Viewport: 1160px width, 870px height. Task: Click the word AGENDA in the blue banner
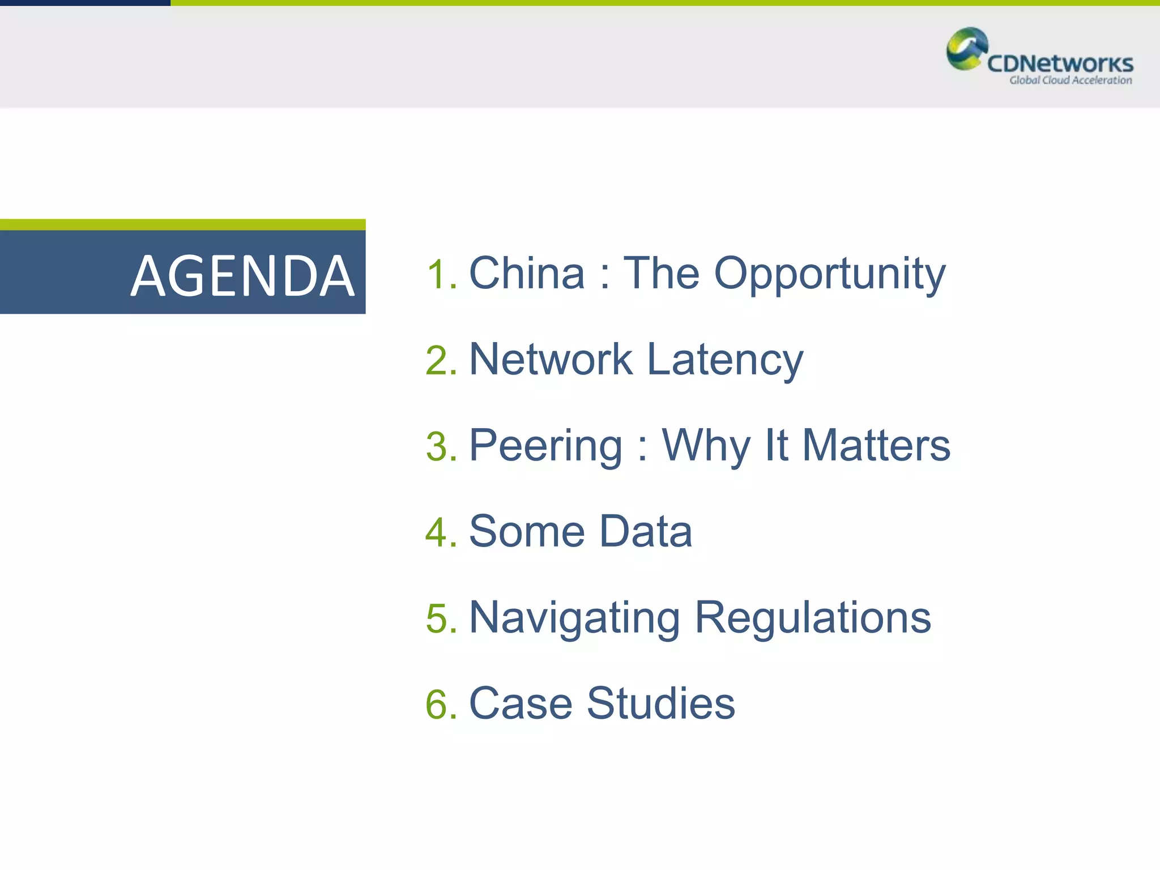(x=242, y=276)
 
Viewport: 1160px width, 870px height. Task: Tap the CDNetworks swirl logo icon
(x=966, y=49)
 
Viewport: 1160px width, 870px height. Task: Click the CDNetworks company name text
(x=1060, y=63)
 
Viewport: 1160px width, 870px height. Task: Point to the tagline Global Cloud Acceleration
(x=1070, y=80)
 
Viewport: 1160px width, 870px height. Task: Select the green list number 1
(x=441, y=275)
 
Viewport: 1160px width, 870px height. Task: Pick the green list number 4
(x=441, y=533)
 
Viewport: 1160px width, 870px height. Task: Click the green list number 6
(x=441, y=705)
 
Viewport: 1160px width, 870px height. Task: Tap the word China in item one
(x=527, y=273)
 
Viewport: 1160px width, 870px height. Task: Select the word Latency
(x=725, y=360)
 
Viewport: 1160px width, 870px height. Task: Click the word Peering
(x=546, y=446)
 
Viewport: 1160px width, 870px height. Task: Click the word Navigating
(x=574, y=619)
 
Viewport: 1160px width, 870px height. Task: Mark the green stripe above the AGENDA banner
(x=182, y=225)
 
